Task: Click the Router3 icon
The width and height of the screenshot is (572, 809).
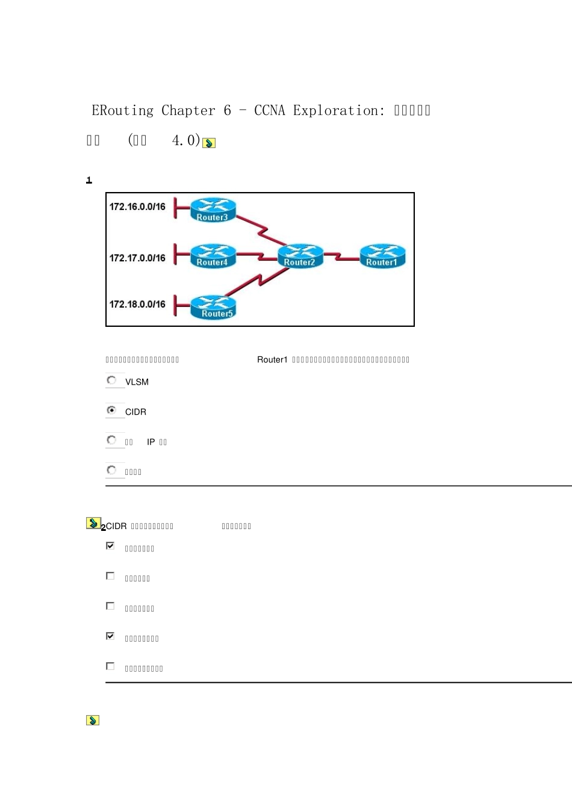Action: point(213,209)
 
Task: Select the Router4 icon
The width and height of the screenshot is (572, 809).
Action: point(213,255)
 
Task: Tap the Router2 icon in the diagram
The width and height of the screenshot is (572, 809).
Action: point(300,255)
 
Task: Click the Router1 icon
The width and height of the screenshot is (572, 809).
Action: point(382,255)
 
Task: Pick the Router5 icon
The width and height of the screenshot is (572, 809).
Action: point(213,306)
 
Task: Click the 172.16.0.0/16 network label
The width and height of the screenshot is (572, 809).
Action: point(137,207)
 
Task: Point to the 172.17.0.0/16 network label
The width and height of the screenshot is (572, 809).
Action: point(137,258)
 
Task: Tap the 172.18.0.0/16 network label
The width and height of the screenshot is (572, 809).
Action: point(137,305)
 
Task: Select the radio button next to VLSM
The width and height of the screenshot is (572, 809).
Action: point(111,380)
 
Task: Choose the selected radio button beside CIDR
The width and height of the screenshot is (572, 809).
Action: point(111,411)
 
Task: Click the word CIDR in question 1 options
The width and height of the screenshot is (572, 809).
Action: point(135,412)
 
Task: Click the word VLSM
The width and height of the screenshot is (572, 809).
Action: point(137,382)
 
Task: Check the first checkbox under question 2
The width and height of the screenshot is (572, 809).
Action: point(110,546)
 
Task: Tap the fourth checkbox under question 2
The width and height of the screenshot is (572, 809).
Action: point(110,636)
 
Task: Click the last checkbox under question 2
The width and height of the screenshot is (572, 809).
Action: point(110,666)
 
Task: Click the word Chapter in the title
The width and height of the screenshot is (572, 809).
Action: point(188,111)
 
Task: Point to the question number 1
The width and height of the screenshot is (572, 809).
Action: point(89,181)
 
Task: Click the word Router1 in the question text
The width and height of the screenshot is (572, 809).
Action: point(272,360)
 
